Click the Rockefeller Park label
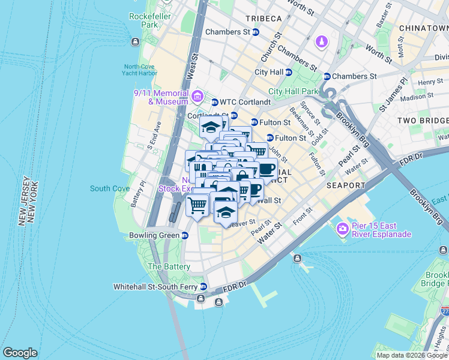click(141, 20)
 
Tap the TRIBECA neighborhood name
click(263, 19)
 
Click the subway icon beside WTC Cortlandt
click(215, 102)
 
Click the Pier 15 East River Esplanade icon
click(343, 229)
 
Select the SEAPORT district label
click(346, 185)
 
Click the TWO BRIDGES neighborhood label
click(423, 121)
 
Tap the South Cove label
click(110, 188)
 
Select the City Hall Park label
click(293, 92)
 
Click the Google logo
click(20, 353)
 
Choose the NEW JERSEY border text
click(26, 202)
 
